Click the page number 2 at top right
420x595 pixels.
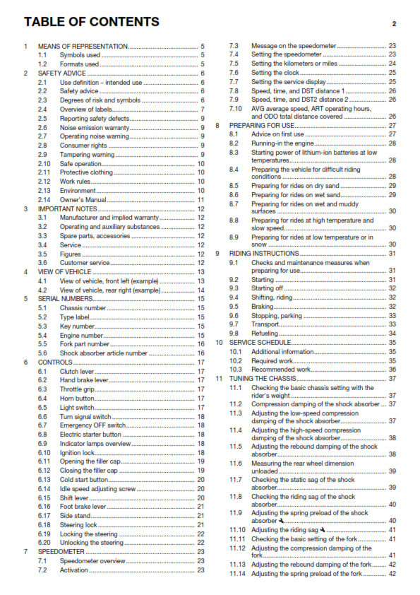coord(395,23)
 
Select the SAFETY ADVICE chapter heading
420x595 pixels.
coord(62,73)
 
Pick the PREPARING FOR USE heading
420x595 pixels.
coord(263,124)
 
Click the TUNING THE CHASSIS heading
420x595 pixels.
coord(266,378)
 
